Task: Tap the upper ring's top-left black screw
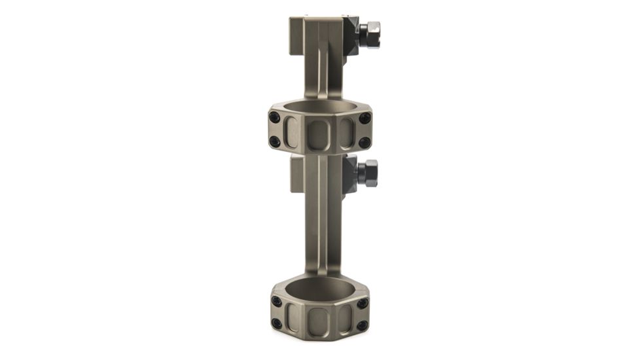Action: pos(274,118)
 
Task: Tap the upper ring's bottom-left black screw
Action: pos(275,141)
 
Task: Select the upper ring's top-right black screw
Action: pos(364,118)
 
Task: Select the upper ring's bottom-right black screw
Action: pos(364,141)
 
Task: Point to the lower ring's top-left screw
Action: pos(277,302)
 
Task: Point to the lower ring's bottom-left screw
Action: pos(277,323)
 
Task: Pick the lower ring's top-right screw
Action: pos(362,302)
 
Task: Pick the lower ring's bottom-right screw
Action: pos(362,324)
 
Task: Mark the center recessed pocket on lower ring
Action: pos(319,320)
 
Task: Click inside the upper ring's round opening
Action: pos(319,107)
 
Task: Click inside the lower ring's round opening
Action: pos(319,289)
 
